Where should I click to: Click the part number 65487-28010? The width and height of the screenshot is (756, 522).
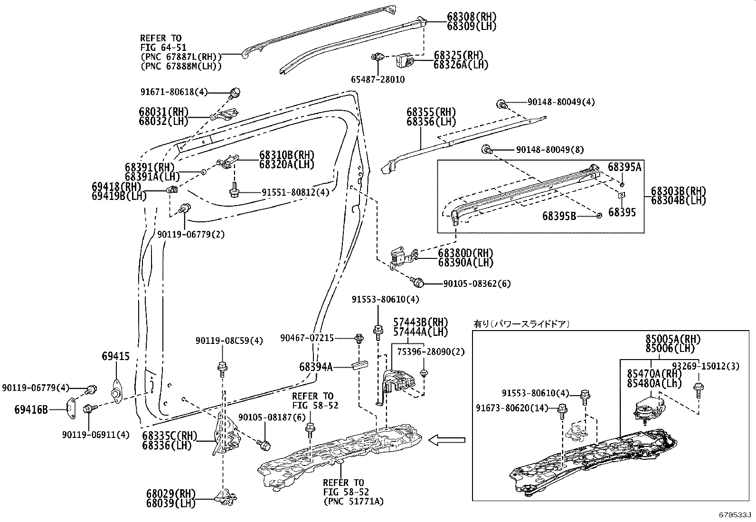[378, 80]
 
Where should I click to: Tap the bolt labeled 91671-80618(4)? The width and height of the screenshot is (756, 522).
[235, 93]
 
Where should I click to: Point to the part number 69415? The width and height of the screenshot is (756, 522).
[115, 356]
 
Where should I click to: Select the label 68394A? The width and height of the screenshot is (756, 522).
[316, 367]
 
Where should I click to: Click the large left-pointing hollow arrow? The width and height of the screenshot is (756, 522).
[446, 440]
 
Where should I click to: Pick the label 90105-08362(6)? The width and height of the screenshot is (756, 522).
[477, 284]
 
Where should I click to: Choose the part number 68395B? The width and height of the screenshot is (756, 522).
[559, 216]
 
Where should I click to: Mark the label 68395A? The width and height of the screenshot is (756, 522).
[624, 167]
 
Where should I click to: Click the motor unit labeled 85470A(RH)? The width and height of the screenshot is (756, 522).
[648, 407]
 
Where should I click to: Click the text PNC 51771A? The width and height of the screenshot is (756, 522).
[353, 501]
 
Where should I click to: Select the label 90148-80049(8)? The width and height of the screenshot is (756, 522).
[550, 150]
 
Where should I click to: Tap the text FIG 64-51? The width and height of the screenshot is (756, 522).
[163, 47]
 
